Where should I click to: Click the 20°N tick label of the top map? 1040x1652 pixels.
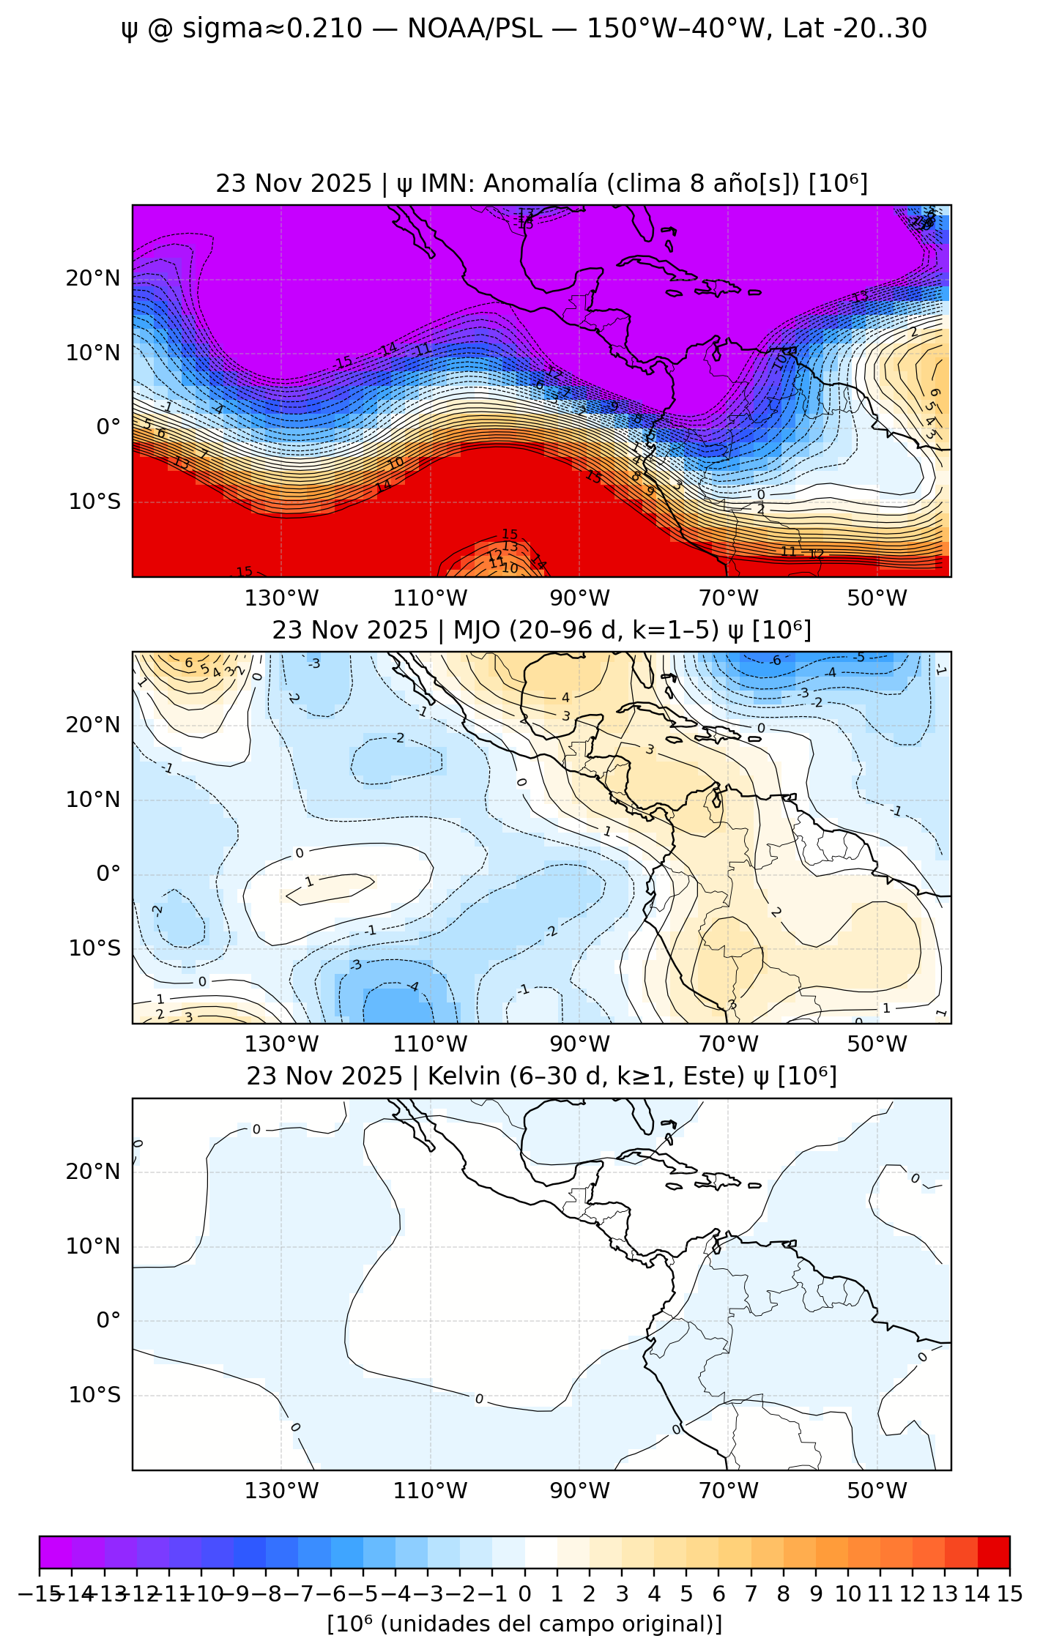pyautogui.click(x=93, y=279)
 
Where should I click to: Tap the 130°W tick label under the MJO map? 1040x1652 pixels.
pyautogui.click(x=281, y=1044)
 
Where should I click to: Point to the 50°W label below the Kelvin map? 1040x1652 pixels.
pyautogui.click(x=877, y=1491)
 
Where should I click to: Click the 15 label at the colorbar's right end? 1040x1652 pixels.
pyautogui.click(x=1009, y=1594)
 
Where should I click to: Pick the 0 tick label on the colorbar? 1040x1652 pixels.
pyautogui.click(x=524, y=1594)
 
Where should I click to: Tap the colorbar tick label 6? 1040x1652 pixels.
pyautogui.click(x=718, y=1594)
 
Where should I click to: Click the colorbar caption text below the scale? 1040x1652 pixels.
pyautogui.click(x=524, y=1624)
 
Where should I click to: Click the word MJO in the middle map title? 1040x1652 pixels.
pyautogui.click(x=475, y=630)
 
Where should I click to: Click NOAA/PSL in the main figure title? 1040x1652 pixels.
pyautogui.click(x=475, y=29)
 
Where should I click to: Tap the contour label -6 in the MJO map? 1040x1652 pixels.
pyautogui.click(x=776, y=661)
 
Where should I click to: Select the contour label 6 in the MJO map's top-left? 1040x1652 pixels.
pyautogui.click(x=189, y=663)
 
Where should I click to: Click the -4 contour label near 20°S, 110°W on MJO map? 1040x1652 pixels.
pyautogui.click(x=413, y=986)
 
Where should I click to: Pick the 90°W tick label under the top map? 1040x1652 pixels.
pyautogui.click(x=579, y=598)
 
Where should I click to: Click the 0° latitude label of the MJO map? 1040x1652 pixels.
pyautogui.click(x=108, y=874)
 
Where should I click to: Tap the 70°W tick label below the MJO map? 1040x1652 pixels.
pyautogui.click(x=728, y=1044)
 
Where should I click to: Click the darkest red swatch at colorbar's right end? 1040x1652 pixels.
pyautogui.click(x=994, y=1552)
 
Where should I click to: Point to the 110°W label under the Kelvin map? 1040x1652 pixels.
pyautogui.click(x=430, y=1491)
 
